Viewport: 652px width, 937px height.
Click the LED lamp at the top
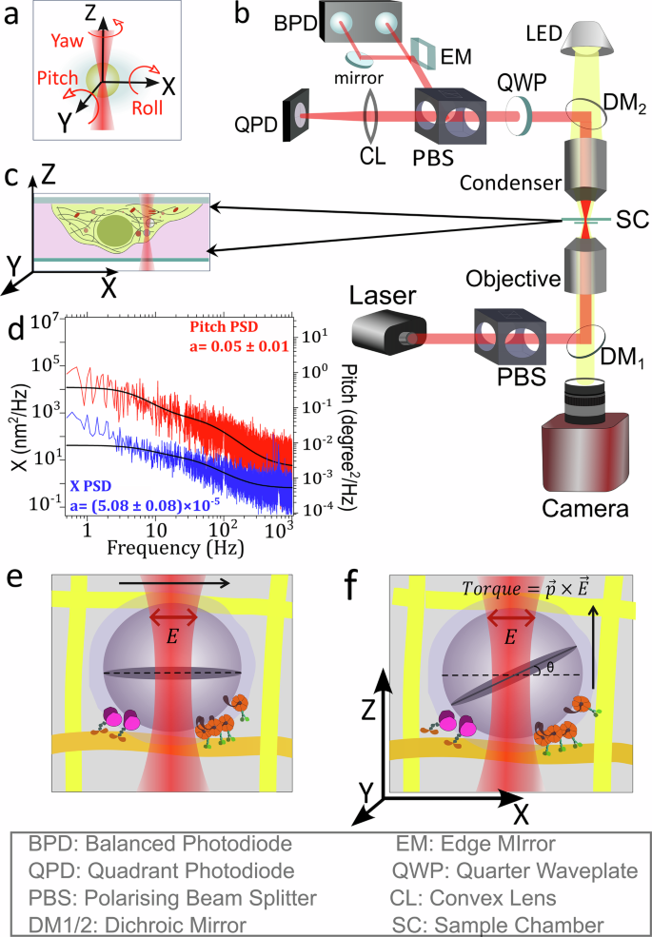588,39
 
